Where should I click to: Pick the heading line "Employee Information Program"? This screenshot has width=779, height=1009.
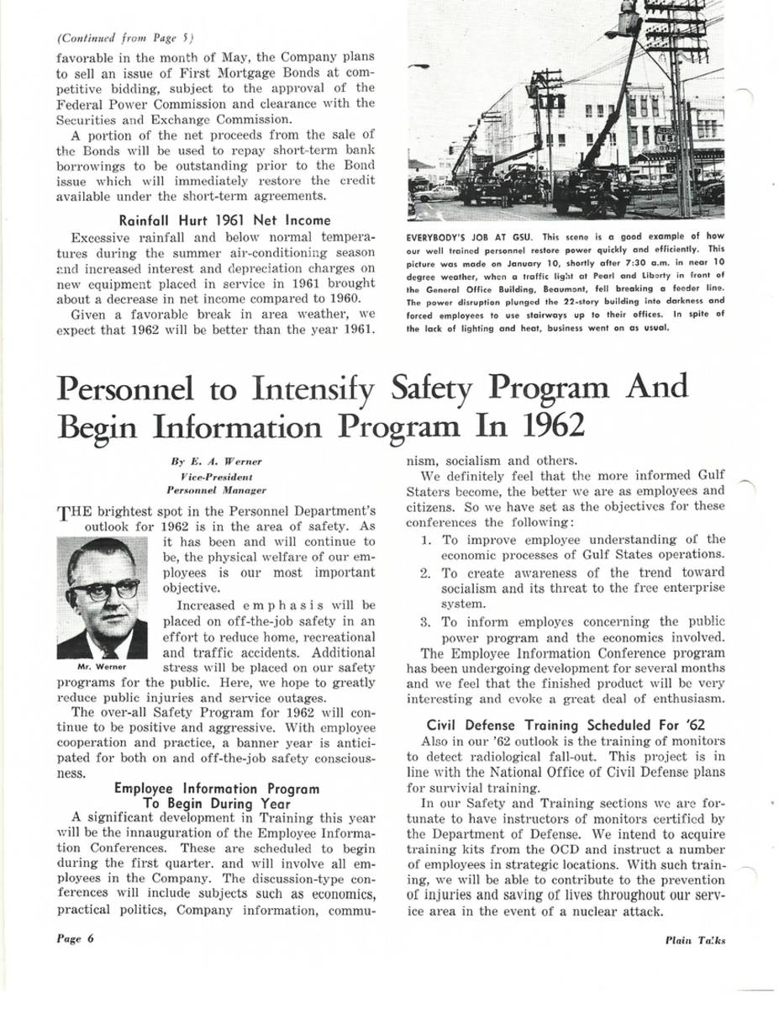pyautogui.click(x=217, y=789)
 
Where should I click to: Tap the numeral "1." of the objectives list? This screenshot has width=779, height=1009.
pyautogui.click(x=426, y=539)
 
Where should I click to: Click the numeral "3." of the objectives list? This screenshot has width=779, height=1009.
pyautogui.click(x=426, y=622)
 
